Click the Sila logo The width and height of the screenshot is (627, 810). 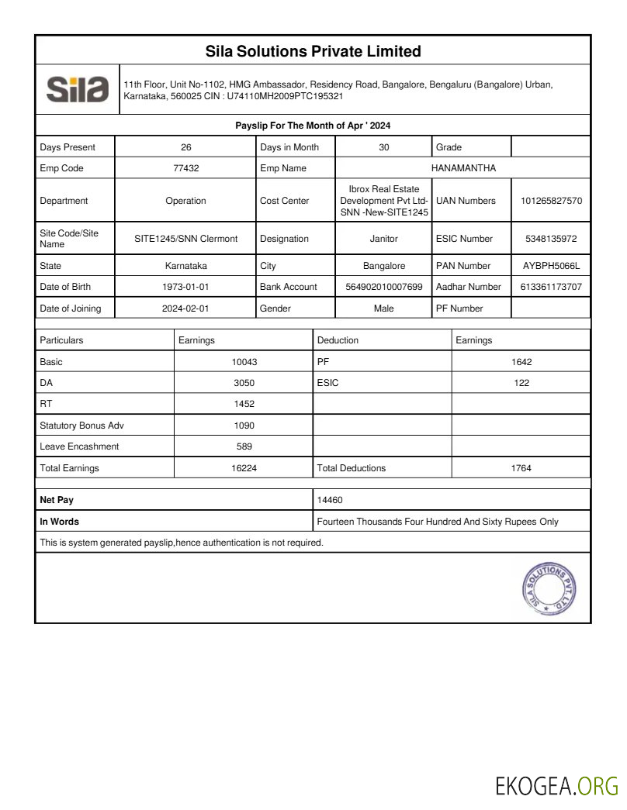click(78, 89)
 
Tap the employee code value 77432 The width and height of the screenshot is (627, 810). click(185, 168)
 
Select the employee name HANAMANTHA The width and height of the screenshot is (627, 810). click(462, 168)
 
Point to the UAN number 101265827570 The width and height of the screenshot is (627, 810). click(551, 201)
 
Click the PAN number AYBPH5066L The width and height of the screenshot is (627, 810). click(551, 266)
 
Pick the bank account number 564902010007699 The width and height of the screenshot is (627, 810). click(384, 287)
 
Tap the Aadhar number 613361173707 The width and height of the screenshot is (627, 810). click(551, 287)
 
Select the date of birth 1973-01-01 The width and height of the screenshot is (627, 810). click(185, 287)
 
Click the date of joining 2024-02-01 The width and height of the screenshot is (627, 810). click(185, 308)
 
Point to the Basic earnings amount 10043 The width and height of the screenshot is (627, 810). click(244, 362)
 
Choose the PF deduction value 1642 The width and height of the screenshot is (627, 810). click(521, 362)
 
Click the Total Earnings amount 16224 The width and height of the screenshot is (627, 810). click(244, 468)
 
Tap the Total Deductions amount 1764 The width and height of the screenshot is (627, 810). click(521, 468)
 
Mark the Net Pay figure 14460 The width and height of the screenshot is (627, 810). click(330, 501)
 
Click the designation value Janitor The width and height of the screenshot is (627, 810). click(384, 239)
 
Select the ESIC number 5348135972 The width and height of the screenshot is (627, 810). click(551, 239)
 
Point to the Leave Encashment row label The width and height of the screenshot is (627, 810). click(79, 446)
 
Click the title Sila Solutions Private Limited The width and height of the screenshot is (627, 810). click(313, 51)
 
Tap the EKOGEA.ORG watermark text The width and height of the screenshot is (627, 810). click(556, 786)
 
